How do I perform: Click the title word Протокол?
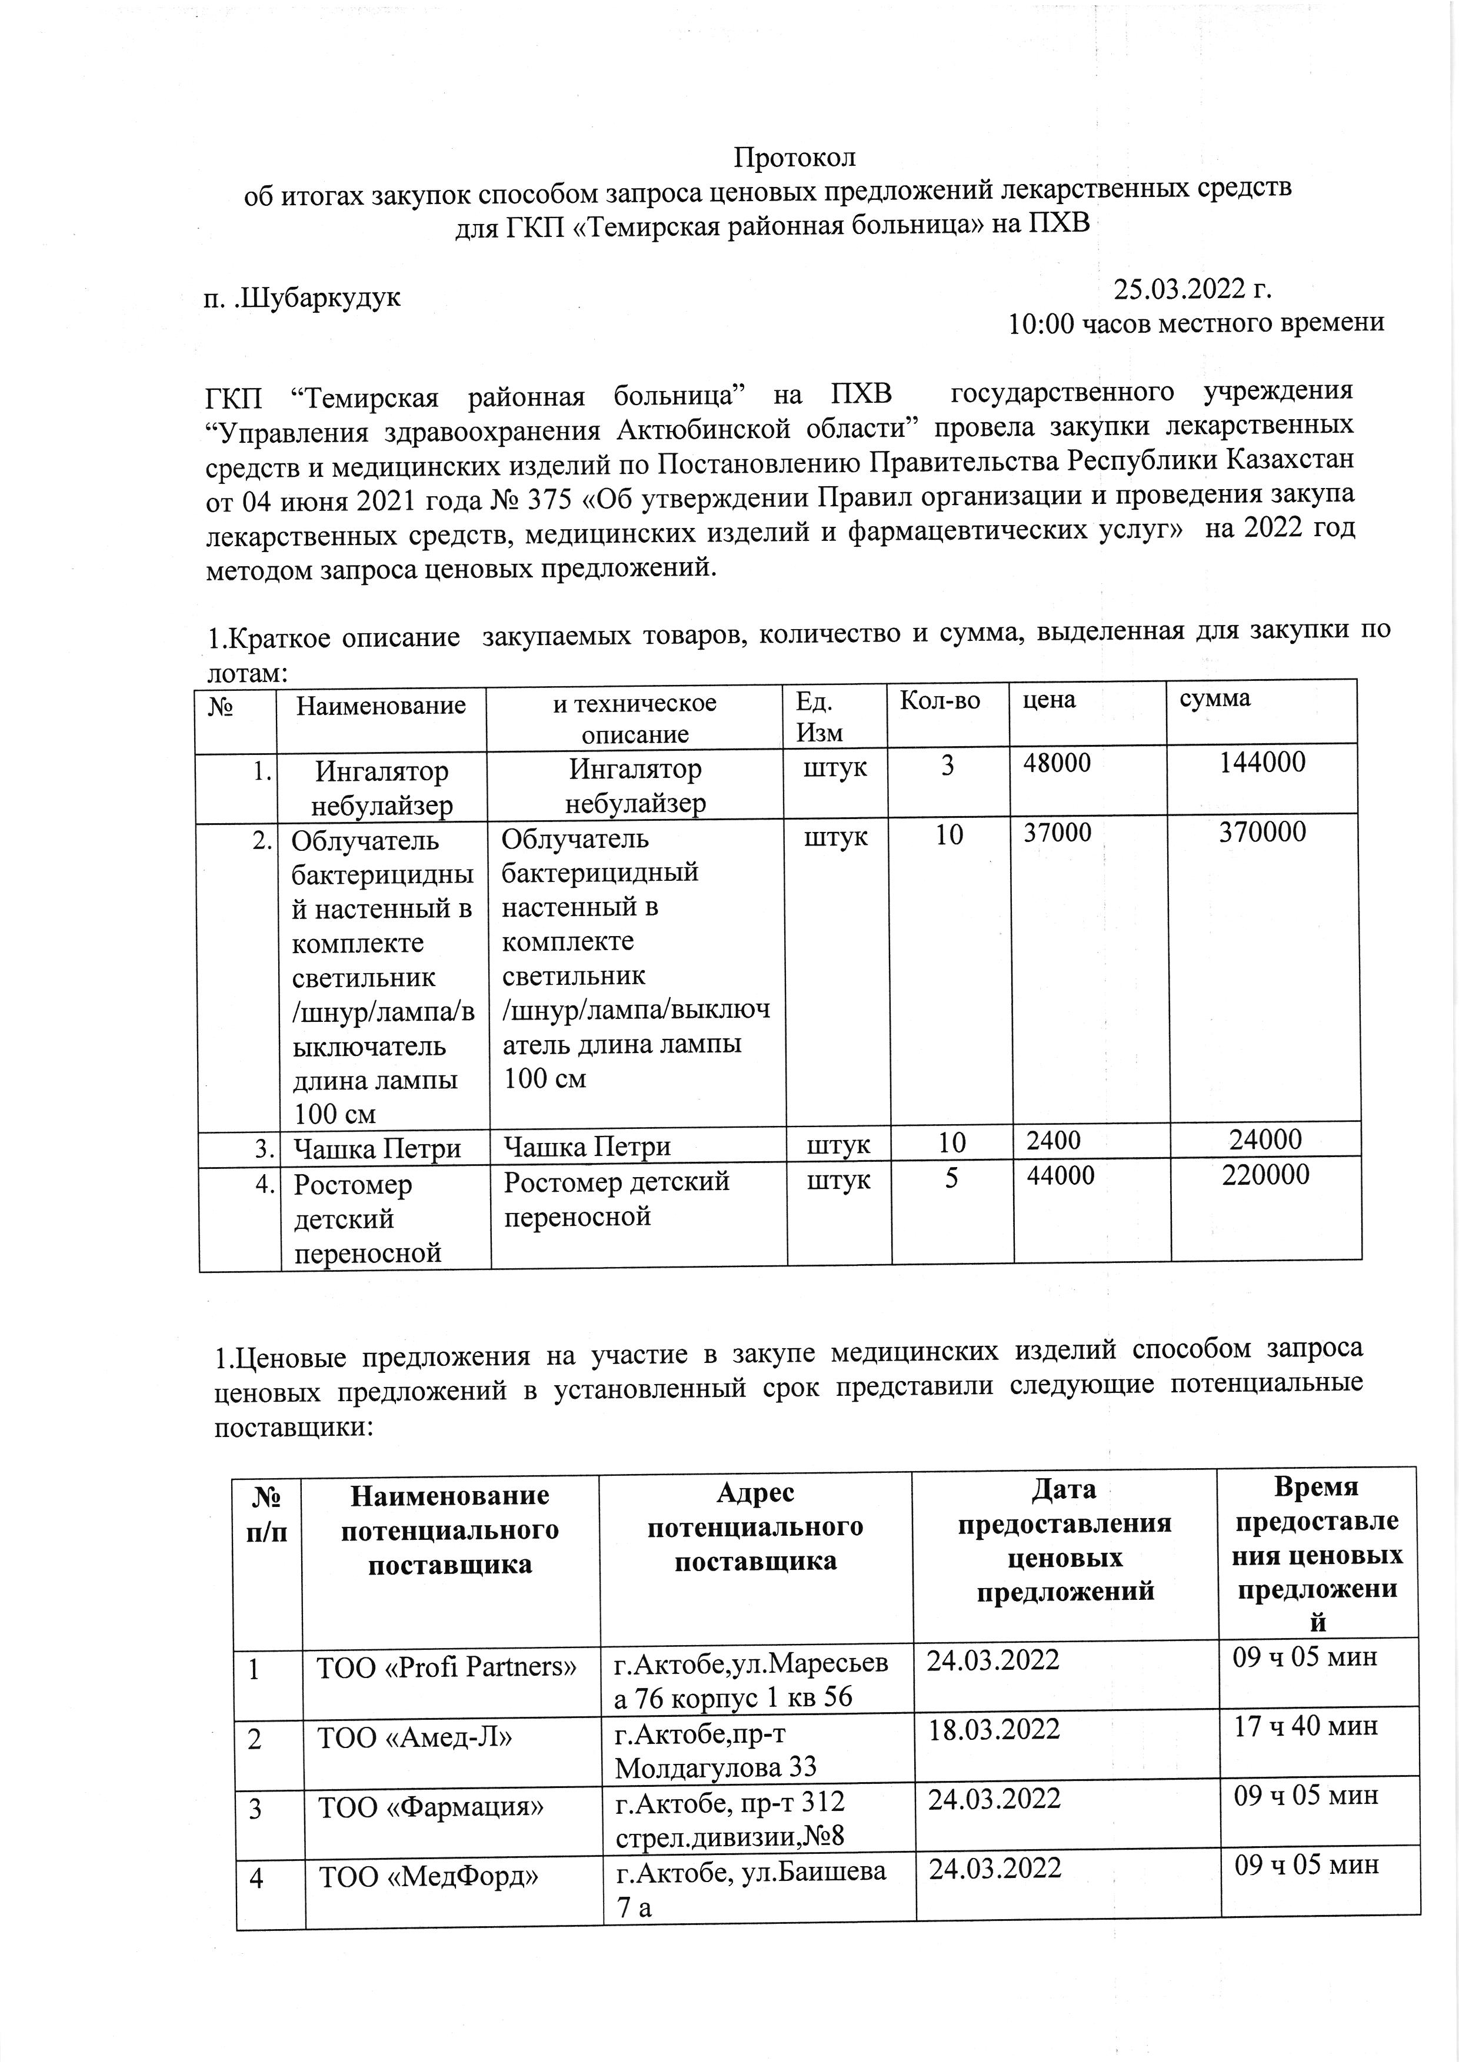[x=794, y=157]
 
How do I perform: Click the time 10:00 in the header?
[x=1042, y=323]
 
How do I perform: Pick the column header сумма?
[x=1215, y=699]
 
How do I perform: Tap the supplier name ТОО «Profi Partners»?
[x=445, y=1667]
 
